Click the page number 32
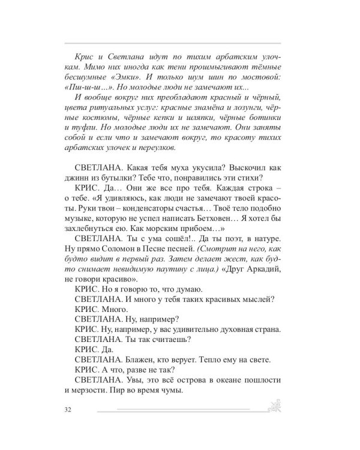(66, 410)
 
